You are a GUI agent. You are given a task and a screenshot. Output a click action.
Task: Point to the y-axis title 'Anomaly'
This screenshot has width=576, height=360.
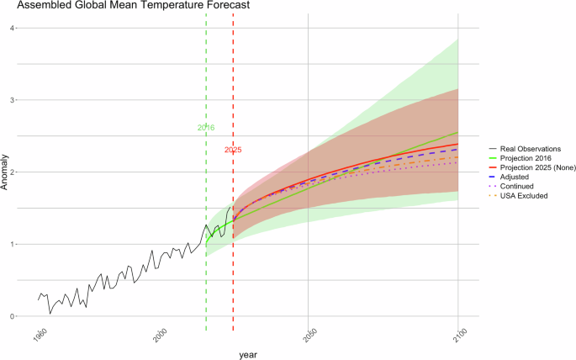click(x=6, y=172)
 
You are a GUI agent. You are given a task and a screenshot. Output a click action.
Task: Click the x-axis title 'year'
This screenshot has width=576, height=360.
click(x=247, y=355)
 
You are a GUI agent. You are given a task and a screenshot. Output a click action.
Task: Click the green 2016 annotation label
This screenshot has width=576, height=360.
click(x=206, y=128)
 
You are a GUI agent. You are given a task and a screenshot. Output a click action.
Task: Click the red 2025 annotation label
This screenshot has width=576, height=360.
click(x=233, y=150)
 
